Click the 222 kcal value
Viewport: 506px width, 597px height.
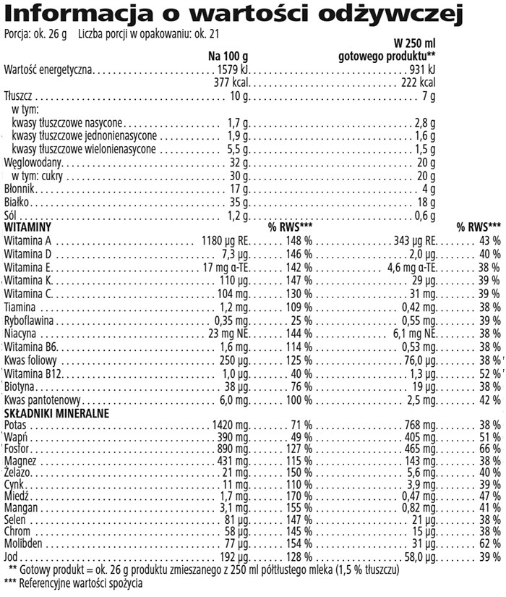(x=419, y=82)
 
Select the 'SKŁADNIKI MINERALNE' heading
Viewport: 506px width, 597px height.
(x=56, y=412)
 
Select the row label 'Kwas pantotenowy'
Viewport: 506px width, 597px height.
(x=42, y=399)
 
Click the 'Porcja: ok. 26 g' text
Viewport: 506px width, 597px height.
(x=35, y=33)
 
